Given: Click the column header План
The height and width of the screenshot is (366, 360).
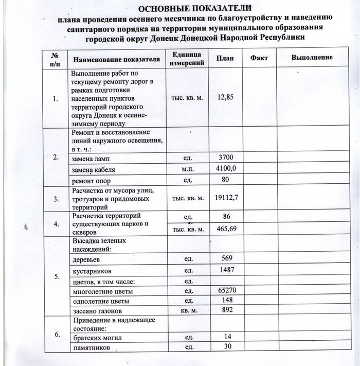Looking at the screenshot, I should coord(225,58).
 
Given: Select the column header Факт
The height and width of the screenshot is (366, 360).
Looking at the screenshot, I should coord(259,58).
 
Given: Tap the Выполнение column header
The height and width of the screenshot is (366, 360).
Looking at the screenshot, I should coord(312,58).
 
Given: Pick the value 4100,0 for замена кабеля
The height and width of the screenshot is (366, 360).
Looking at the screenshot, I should coord(225,168).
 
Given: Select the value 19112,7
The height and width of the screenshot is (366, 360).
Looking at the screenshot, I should coord(226,198).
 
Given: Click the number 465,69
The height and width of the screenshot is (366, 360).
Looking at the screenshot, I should coord(226,228).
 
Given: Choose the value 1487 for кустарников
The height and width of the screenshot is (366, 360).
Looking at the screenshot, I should coord(226,270).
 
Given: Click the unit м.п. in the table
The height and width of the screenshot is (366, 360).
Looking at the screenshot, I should coord(188,169).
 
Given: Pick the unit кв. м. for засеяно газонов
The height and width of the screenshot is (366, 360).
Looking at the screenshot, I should coord(188,311).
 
